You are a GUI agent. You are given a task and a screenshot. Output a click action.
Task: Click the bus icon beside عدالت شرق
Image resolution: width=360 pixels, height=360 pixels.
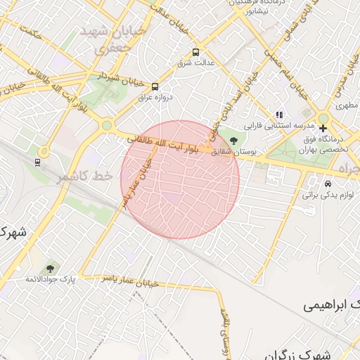[195, 52]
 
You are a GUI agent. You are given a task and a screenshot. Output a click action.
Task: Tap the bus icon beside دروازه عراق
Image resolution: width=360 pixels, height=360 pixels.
[155, 86]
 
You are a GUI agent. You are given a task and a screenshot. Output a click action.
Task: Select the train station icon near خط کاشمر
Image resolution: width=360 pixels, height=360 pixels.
[37, 162]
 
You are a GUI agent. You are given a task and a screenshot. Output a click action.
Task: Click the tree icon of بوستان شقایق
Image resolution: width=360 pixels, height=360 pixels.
[233, 141]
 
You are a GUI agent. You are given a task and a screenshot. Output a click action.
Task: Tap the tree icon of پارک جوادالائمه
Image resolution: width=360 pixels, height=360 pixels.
[50, 268]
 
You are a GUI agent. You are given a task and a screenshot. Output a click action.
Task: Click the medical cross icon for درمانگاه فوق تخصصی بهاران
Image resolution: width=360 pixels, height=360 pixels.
[323, 128]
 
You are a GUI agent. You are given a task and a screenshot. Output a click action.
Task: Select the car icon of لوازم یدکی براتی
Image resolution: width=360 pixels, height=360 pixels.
[328, 184]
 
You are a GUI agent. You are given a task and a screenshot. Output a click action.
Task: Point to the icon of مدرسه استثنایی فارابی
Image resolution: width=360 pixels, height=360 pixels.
[279, 115]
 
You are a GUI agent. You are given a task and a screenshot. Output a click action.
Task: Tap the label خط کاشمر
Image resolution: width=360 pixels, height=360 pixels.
[84, 176]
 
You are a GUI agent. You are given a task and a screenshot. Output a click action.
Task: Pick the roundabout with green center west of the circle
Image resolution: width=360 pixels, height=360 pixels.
[106, 126]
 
